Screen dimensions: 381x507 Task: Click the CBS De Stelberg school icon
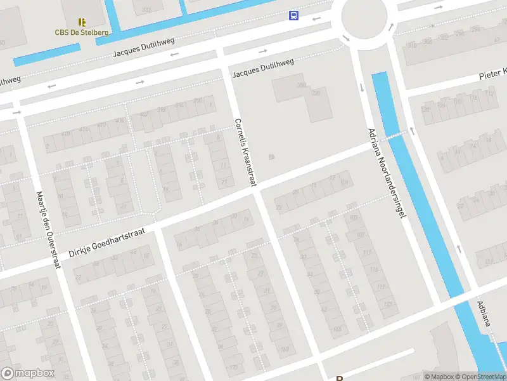[82, 22]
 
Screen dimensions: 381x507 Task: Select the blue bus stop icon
[293, 15]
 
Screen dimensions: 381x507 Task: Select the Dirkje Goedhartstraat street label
[106, 243]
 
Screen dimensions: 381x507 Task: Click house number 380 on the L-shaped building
[301, 84]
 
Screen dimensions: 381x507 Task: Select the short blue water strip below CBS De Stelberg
[46, 55]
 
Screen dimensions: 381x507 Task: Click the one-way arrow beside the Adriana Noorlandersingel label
[362, 87]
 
